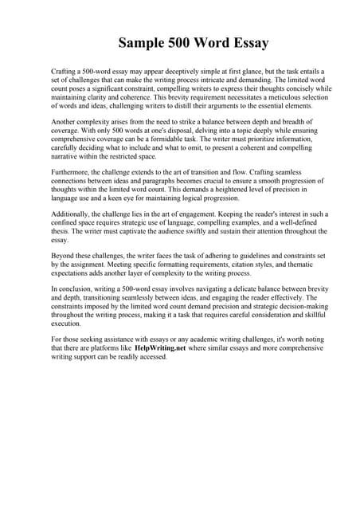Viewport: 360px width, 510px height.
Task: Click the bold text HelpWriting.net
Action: [x=169, y=349]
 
